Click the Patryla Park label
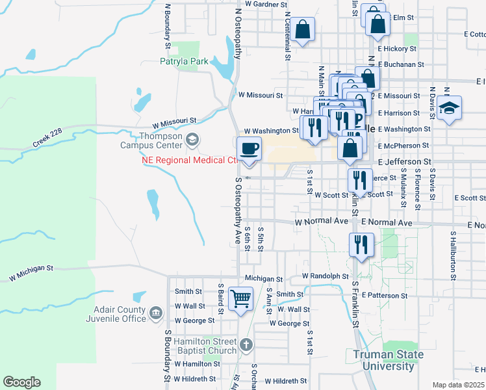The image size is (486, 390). (x=184, y=62)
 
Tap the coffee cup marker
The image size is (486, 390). (x=249, y=149)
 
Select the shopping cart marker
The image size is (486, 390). (x=241, y=299)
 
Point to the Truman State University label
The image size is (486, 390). (x=389, y=360)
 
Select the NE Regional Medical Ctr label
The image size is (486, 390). (x=188, y=161)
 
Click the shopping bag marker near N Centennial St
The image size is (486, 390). (x=302, y=29)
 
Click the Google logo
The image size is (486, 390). (x=21, y=382)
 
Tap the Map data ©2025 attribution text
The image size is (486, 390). (x=458, y=385)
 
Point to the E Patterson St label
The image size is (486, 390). (x=385, y=295)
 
